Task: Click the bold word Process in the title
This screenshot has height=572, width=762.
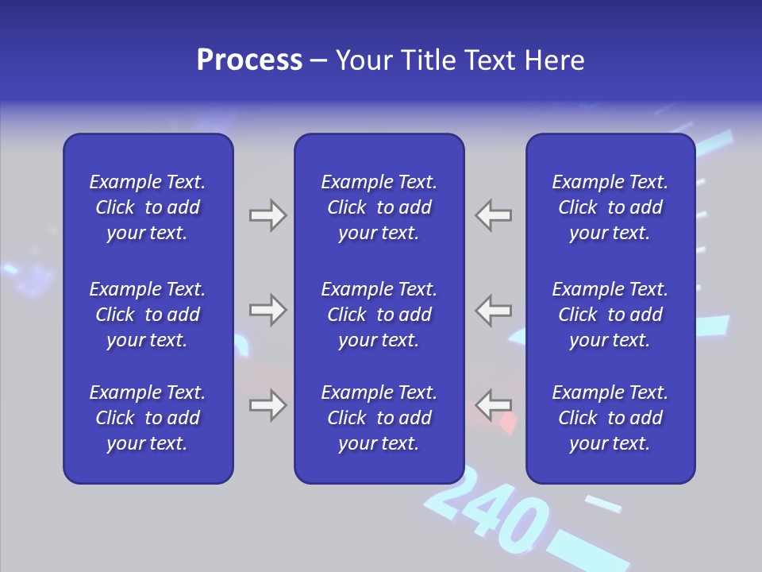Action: (249, 60)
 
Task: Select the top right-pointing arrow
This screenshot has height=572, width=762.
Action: (267, 215)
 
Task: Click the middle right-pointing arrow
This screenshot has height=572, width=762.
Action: (267, 310)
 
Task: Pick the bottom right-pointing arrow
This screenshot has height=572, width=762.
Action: (267, 405)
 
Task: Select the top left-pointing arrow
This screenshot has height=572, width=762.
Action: (494, 215)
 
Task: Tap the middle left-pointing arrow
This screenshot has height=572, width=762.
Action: (494, 310)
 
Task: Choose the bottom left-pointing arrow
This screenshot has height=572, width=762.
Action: (494, 405)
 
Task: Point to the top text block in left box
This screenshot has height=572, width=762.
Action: (148, 207)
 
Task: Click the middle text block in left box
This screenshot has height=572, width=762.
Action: (148, 315)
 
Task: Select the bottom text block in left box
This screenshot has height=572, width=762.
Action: (148, 418)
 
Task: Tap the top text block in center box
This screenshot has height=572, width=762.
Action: (379, 207)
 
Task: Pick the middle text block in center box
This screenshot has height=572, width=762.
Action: (379, 315)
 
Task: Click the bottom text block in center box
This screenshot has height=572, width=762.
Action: (379, 418)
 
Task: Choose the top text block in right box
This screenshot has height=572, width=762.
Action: (610, 207)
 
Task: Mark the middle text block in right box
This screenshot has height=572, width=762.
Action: (610, 315)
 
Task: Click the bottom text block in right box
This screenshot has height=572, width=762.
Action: (610, 418)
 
